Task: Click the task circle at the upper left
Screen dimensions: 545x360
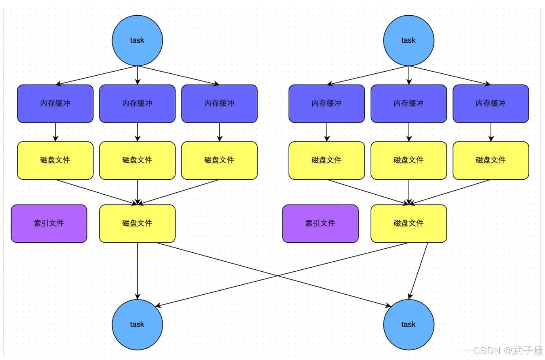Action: tap(137, 41)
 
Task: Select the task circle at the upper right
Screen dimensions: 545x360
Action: tap(409, 41)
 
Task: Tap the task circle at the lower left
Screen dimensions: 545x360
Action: tap(137, 325)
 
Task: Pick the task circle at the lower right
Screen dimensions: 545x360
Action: tap(409, 325)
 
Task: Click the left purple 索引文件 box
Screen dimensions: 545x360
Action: tap(49, 223)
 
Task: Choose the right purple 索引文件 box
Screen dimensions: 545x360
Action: tap(320, 223)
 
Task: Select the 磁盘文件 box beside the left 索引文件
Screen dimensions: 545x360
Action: tap(137, 223)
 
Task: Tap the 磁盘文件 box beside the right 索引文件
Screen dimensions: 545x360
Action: tap(409, 223)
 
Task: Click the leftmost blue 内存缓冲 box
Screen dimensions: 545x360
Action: tap(55, 104)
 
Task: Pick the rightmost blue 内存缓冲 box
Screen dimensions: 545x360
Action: tap(491, 104)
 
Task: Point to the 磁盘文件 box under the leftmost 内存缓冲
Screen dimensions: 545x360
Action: tap(55, 161)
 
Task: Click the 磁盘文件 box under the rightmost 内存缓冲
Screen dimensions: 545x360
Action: tap(491, 161)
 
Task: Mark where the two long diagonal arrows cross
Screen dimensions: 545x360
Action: tap(277, 276)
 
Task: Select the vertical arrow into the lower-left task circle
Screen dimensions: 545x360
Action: tap(138, 271)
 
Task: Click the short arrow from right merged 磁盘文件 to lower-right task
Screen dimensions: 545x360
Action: tap(418, 271)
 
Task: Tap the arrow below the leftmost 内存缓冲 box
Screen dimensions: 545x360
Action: tap(55, 132)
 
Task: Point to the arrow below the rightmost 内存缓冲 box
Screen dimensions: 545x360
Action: tap(491, 132)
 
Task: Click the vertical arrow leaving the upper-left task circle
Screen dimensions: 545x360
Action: tap(138, 75)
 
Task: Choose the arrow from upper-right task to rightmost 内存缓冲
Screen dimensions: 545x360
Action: tap(450, 76)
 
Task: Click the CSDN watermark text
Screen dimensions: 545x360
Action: tap(509, 351)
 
